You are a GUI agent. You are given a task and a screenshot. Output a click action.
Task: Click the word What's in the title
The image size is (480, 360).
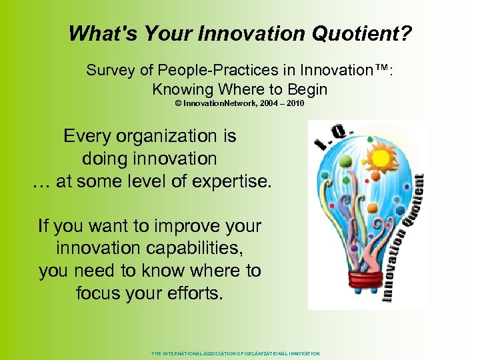(97, 33)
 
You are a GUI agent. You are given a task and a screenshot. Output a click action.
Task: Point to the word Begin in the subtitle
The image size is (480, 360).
(306, 89)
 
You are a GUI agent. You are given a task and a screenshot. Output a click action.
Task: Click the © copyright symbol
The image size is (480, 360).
(178, 104)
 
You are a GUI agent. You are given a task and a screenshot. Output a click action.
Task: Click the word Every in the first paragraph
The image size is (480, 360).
(87, 136)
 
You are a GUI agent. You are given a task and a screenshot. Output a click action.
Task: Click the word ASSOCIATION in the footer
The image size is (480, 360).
(213, 353)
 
